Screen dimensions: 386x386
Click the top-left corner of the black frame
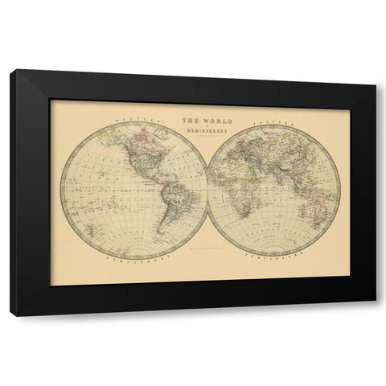[x=11, y=72]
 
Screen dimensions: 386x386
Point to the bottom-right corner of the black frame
[x=376, y=316]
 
